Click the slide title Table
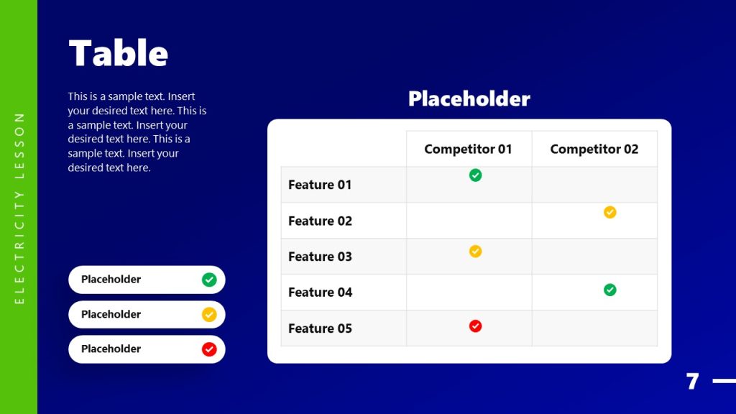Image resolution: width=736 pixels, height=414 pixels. (x=118, y=53)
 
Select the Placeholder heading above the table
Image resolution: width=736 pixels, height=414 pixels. (x=469, y=98)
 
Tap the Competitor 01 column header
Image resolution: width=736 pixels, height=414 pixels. (x=468, y=149)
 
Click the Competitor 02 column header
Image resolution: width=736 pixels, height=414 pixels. (x=594, y=149)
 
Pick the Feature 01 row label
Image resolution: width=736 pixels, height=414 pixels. (x=320, y=185)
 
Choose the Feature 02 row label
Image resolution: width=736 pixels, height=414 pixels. (x=320, y=221)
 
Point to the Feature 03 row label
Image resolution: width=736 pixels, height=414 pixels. (x=320, y=257)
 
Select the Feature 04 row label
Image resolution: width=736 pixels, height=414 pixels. (x=320, y=293)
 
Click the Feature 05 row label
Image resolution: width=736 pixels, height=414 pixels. (x=320, y=328)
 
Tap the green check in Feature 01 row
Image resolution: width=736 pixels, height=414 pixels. (x=475, y=175)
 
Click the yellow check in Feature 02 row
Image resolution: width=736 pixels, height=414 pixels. (x=609, y=212)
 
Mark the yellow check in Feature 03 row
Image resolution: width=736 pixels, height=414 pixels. (x=475, y=251)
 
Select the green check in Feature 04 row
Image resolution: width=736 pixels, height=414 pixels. (x=609, y=290)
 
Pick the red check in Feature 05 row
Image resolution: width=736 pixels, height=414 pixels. (x=475, y=326)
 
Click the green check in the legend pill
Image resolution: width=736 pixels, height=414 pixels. (x=209, y=280)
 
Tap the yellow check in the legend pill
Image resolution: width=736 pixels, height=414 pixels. (x=209, y=314)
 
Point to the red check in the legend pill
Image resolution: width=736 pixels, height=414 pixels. (x=209, y=349)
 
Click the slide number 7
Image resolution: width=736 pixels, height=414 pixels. (x=692, y=382)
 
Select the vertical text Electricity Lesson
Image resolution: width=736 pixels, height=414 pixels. (x=19, y=207)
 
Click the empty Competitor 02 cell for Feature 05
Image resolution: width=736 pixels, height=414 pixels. (x=594, y=328)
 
